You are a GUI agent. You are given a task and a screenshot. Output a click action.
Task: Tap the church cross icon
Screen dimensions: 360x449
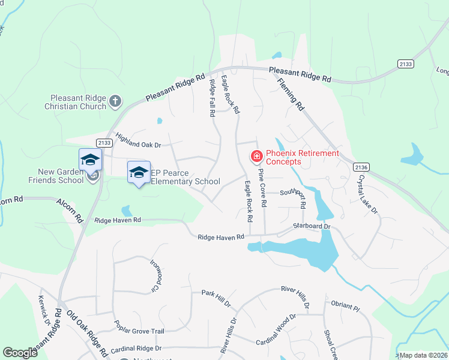click(116, 102)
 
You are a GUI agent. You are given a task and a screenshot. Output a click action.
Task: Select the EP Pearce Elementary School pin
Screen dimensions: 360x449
click(139, 173)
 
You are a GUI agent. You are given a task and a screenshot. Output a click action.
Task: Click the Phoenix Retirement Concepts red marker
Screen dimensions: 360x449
click(257, 157)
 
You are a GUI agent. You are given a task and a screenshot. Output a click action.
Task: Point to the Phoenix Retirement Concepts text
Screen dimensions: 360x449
click(302, 157)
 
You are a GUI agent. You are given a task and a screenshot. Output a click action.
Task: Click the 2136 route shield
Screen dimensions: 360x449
click(362, 167)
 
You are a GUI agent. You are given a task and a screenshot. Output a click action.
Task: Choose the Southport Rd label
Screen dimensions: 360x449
click(292, 193)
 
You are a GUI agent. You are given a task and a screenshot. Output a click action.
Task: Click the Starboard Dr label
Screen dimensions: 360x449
click(312, 226)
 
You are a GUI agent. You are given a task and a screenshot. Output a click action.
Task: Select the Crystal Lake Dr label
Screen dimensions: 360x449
click(367, 194)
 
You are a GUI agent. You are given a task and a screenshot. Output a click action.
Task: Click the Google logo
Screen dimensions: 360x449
click(20, 353)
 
